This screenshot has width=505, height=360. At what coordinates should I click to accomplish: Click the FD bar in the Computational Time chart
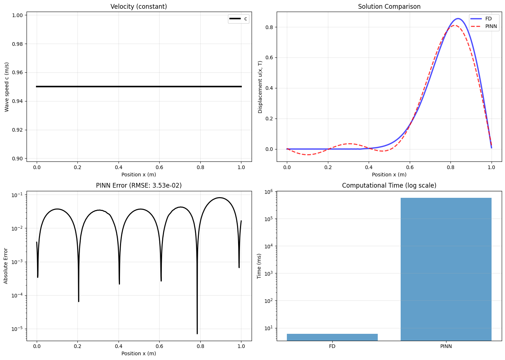pos(332,337)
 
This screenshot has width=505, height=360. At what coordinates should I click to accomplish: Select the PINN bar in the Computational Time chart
pos(446,269)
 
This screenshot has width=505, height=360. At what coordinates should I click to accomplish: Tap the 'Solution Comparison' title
pos(389,7)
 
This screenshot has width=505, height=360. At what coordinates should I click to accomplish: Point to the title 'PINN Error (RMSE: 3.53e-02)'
pos(139,185)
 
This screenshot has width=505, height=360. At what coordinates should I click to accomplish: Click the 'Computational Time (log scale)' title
pos(389,185)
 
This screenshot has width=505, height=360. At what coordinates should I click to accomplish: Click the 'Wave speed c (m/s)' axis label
pos(7,87)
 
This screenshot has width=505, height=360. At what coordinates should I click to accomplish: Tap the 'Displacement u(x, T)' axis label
pos(260,87)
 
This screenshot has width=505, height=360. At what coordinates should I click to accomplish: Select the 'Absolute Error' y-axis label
pos(6,265)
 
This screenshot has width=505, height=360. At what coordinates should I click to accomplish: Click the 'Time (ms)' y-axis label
pos(259,265)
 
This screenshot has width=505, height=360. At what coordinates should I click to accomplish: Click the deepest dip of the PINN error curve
pos(197,333)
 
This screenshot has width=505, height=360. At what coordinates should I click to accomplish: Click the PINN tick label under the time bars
pos(446,346)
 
